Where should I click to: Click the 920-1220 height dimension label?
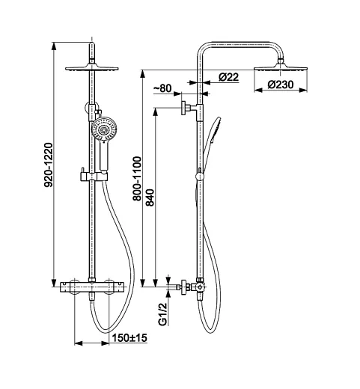click(49, 165)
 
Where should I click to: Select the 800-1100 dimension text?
click(137, 179)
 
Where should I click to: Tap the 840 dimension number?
click(150, 197)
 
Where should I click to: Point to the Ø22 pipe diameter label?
click(228, 77)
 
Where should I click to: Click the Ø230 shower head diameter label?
click(281, 85)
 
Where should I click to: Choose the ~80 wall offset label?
click(162, 88)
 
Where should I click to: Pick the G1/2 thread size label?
click(162, 313)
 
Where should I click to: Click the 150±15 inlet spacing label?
click(129, 338)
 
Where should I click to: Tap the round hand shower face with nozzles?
click(104, 129)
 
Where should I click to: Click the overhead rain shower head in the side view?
click(281, 67)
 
